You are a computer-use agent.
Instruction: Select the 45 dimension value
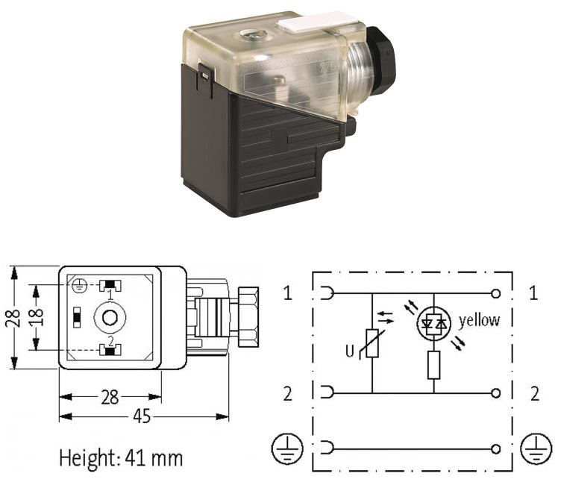(142, 416)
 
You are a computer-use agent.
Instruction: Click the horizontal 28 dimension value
(110, 397)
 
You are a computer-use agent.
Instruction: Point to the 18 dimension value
(36, 316)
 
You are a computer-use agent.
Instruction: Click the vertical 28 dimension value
(13, 317)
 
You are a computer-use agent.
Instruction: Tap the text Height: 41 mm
(121, 457)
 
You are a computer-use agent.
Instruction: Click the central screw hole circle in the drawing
(110, 317)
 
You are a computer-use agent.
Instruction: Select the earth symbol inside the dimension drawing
(79, 286)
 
